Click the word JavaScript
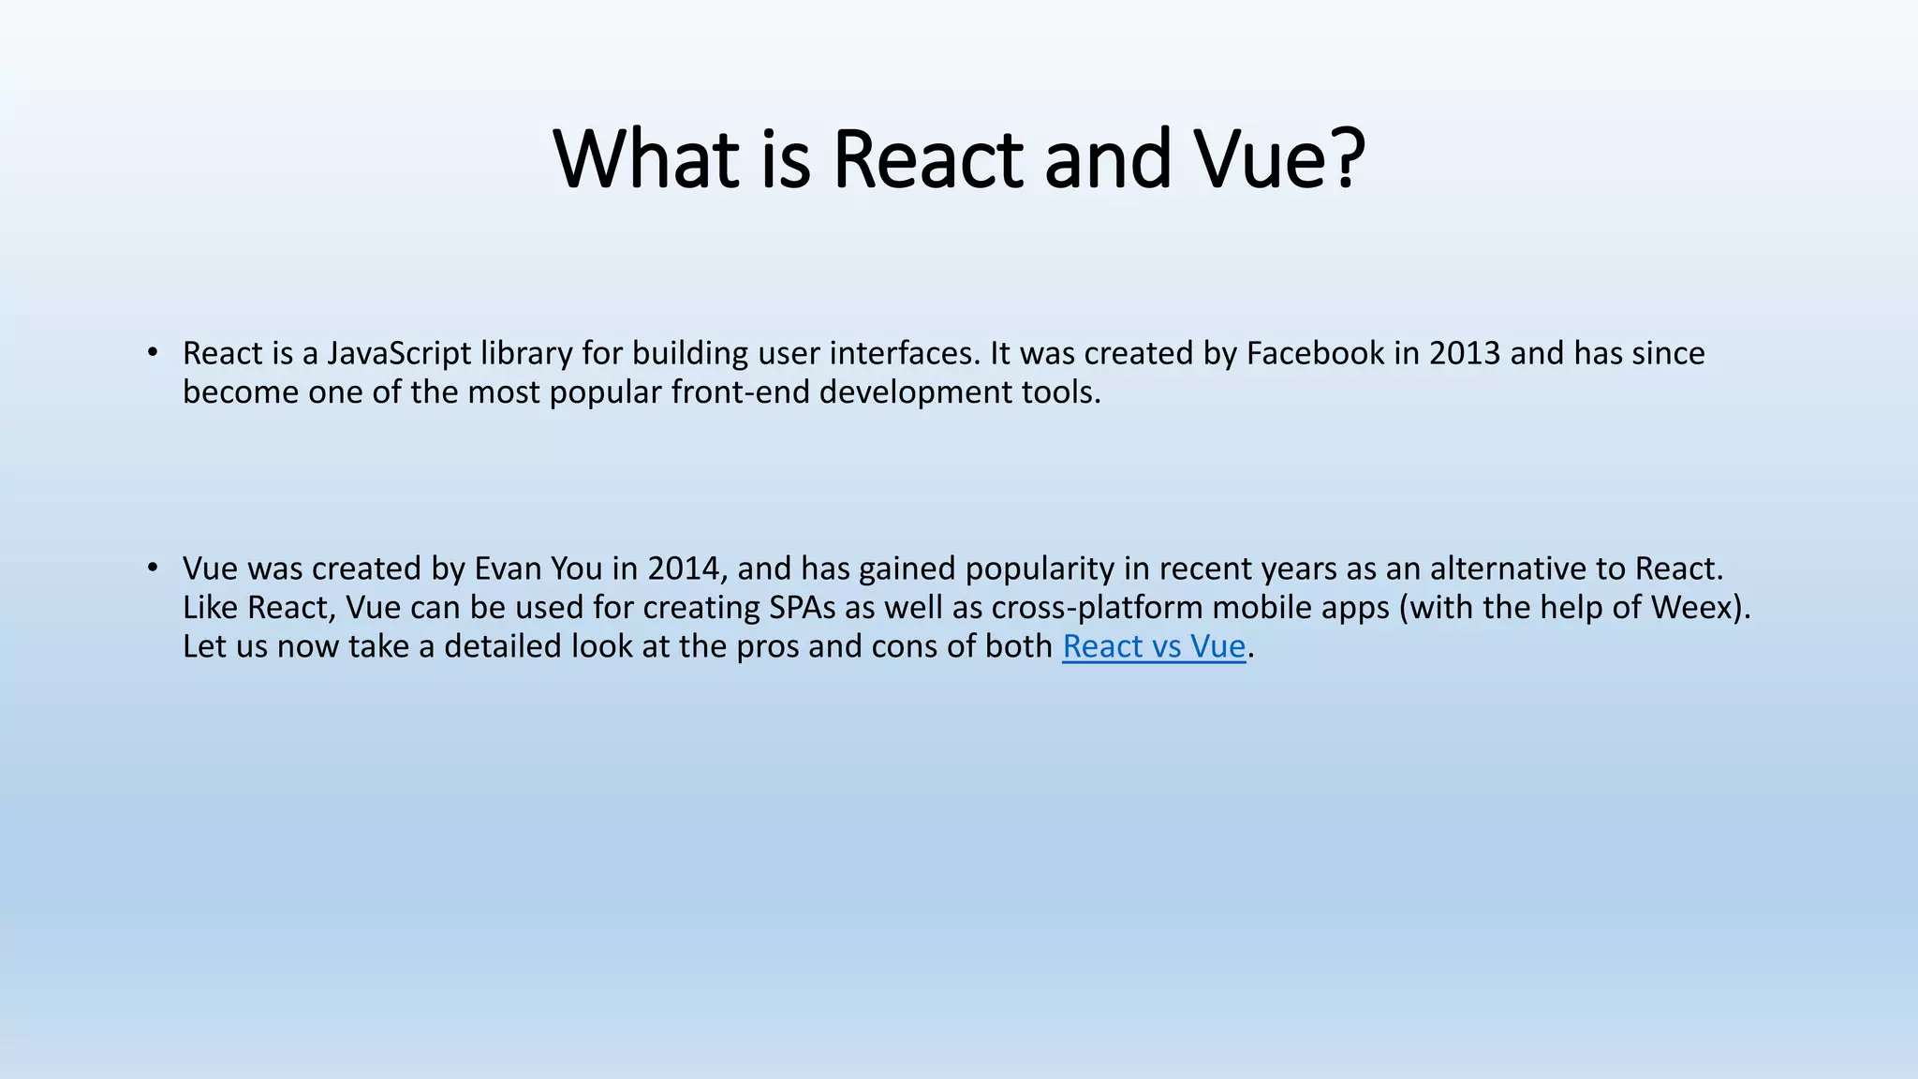point(399,354)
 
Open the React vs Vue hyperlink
point(1154,646)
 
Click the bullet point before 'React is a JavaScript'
point(152,353)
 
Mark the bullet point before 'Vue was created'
point(152,569)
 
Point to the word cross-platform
point(1097,608)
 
